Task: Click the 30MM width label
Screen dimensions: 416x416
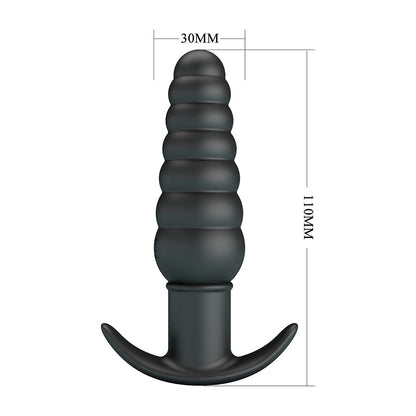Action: (200, 39)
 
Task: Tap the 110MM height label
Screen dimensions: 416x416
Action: (308, 217)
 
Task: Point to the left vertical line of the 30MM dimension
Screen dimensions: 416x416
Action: (154, 55)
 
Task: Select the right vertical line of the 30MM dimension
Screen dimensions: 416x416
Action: (245, 55)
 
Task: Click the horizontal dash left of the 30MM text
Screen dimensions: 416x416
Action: (167, 39)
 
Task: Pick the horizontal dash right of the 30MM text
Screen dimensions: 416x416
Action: (233, 39)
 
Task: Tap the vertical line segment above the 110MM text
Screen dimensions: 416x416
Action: (307, 121)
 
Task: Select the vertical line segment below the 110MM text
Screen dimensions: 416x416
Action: (307, 314)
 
